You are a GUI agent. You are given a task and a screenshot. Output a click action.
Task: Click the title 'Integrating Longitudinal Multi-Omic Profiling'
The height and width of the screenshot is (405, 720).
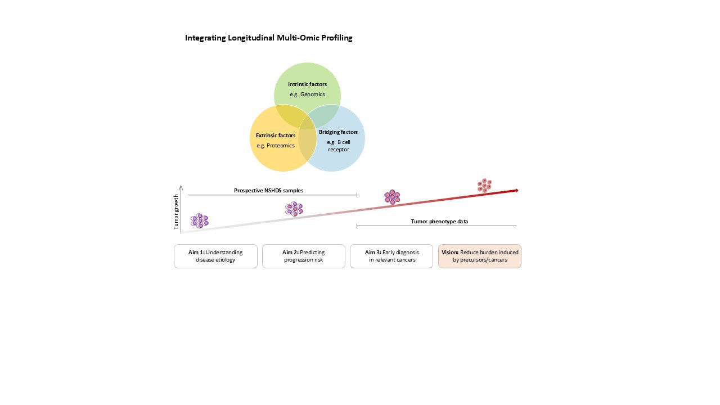point(268,38)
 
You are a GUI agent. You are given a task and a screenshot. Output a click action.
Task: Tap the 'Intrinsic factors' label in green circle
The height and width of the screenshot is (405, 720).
point(307,84)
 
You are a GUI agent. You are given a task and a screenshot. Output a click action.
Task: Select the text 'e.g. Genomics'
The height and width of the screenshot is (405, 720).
point(307,94)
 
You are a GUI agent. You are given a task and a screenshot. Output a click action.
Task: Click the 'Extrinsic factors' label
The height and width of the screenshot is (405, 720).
point(276,136)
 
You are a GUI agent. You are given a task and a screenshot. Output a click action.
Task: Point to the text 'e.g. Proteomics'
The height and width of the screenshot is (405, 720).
point(276,146)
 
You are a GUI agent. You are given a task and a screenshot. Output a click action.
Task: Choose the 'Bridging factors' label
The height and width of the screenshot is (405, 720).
point(338,132)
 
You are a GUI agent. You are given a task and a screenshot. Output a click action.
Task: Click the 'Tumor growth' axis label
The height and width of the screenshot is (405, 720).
point(176,211)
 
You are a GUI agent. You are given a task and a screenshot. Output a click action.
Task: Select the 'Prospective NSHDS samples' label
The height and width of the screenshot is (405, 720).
point(268,191)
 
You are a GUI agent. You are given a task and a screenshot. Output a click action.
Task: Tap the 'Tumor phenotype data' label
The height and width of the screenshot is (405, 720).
point(439,222)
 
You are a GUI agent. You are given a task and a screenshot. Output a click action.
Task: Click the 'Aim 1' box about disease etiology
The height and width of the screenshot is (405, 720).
point(215,256)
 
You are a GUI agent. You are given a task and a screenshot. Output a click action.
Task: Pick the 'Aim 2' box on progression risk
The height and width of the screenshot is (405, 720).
point(304,256)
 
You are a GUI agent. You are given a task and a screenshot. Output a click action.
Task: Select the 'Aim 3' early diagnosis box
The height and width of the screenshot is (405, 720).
point(391,256)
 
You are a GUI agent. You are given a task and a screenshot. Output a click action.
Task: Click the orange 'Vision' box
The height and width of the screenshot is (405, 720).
point(480,256)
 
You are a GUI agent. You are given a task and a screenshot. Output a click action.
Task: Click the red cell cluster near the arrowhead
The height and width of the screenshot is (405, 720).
point(484,185)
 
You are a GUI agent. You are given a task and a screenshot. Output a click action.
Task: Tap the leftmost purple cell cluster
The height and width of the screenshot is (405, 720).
point(200,220)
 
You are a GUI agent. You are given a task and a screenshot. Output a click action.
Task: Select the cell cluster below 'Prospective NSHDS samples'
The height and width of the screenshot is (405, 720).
point(294,209)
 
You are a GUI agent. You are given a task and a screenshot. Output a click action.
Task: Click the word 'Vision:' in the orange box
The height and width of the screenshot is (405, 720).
point(450,253)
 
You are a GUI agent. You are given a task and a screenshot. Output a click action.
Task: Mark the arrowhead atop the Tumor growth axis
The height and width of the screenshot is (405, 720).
point(181,187)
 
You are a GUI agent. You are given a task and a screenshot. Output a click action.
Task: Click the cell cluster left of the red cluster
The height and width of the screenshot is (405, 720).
point(392,196)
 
